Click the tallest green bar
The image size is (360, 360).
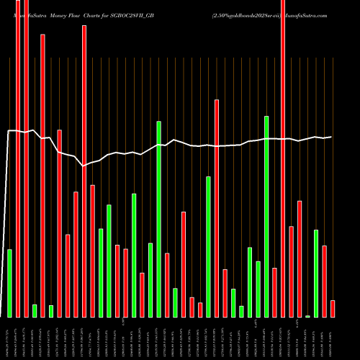coord(266,216)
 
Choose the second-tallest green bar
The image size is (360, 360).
coord(158,219)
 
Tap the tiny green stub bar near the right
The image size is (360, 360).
coord(308,316)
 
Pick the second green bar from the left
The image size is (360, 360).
coord(35,310)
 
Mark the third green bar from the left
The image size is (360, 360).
coord(51,311)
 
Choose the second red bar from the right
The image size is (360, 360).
coord(325,281)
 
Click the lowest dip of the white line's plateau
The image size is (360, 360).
coord(84,166)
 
